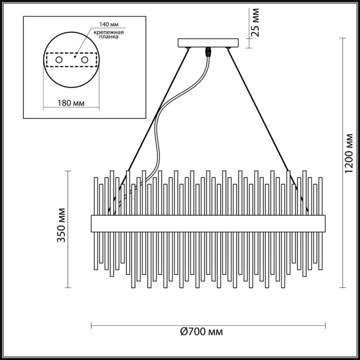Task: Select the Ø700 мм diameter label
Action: (x=202, y=332)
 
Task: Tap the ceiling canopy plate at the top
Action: (x=208, y=43)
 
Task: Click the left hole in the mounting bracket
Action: (x=59, y=61)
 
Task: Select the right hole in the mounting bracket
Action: (x=84, y=61)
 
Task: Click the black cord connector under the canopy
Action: (x=209, y=51)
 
